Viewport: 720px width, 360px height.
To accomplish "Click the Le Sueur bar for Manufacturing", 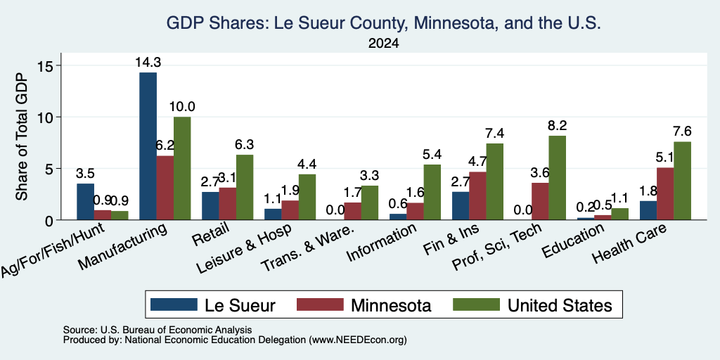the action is (x=148, y=146).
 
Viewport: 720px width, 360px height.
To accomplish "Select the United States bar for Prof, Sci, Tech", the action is (x=557, y=178).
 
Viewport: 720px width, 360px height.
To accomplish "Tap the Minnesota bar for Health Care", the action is (x=665, y=194).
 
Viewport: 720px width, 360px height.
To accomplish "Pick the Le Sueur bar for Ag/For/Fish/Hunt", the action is (x=85, y=202).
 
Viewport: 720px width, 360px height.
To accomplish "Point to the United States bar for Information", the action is (x=432, y=192).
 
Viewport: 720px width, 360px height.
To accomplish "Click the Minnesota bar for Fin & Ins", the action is (x=477, y=195).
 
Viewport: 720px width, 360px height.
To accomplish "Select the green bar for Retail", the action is (x=245, y=187).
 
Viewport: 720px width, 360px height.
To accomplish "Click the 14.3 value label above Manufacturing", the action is (x=148, y=63).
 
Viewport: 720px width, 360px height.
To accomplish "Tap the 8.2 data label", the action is (x=557, y=125).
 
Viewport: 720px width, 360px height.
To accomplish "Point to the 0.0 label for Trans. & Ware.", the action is (x=335, y=210).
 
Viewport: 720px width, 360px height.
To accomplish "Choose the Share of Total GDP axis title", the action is (x=22, y=136).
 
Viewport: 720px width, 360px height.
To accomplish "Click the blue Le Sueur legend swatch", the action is (x=174, y=304).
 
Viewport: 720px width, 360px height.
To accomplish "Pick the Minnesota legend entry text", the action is (x=391, y=305).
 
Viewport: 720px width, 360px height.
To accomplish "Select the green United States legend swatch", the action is (x=476, y=304).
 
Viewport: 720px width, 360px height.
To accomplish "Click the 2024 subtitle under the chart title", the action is (x=383, y=44).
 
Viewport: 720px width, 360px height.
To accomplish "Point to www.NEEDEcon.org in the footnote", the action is (x=358, y=340).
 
